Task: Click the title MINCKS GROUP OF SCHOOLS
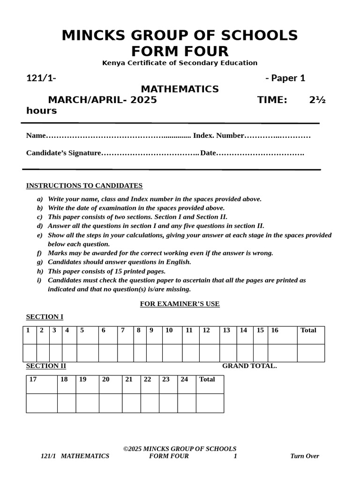pyautogui.click(x=180, y=36)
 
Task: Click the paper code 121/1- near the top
pyautogui.click(x=41, y=78)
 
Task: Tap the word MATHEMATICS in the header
pyautogui.click(x=180, y=89)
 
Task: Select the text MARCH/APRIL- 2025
pyautogui.click(x=102, y=100)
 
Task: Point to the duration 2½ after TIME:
pyautogui.click(x=317, y=100)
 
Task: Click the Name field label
pyautogui.click(x=36, y=135)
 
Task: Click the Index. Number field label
pyautogui.click(x=218, y=135)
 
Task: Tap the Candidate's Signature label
pyautogui.click(x=64, y=153)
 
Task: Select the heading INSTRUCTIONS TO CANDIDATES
pyautogui.click(x=84, y=186)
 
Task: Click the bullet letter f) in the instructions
pyautogui.click(x=40, y=253)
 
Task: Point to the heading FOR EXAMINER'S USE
pyautogui.click(x=180, y=304)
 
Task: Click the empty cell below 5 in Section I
pyautogui.click(x=87, y=353)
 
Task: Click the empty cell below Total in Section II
pyautogui.click(x=210, y=403)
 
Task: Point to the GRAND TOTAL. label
pyautogui.click(x=249, y=366)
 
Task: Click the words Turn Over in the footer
pyautogui.click(x=304, y=456)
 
